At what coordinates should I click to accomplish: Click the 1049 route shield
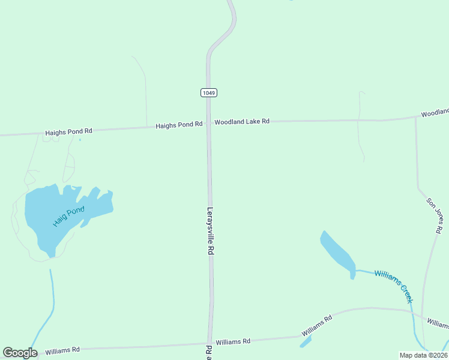208,92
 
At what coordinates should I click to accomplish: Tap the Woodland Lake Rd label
242,121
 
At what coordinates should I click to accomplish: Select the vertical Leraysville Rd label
211,232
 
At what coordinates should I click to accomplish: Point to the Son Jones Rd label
435,215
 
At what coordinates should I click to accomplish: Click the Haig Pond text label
69,216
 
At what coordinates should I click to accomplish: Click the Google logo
20,353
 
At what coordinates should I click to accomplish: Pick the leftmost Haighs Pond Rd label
68,131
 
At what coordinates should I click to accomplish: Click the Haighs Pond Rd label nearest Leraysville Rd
179,125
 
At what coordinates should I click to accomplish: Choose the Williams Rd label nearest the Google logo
62,349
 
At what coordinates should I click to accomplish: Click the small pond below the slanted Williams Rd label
306,341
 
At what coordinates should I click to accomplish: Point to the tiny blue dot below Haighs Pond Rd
80,140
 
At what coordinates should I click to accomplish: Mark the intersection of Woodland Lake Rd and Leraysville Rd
209,124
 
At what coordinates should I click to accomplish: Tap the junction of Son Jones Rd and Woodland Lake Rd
415,116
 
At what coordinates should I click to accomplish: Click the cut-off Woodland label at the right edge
435,113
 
